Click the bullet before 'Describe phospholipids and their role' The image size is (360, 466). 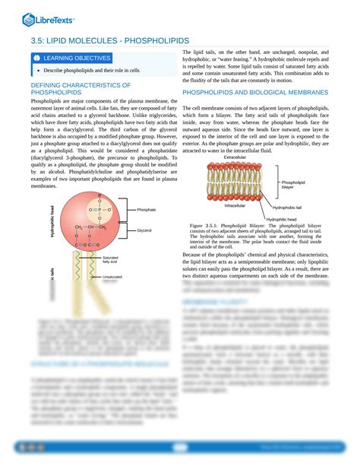[x=35, y=70]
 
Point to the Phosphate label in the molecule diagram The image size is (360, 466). [x=147, y=209]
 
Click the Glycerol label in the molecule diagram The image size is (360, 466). [x=144, y=230]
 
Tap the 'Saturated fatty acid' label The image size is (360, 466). [x=110, y=261]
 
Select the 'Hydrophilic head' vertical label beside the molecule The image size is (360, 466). [x=52, y=220]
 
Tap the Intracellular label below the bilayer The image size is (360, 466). [x=239, y=206]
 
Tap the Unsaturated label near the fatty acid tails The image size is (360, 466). [x=112, y=278]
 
